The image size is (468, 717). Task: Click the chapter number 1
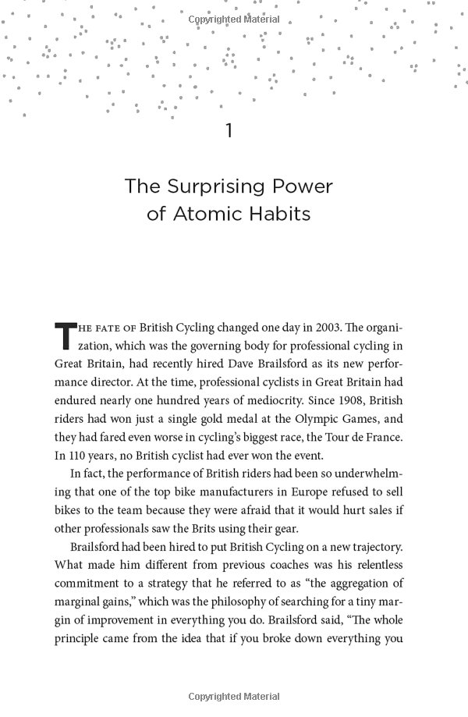[x=229, y=131]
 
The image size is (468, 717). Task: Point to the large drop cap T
[x=64, y=335]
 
